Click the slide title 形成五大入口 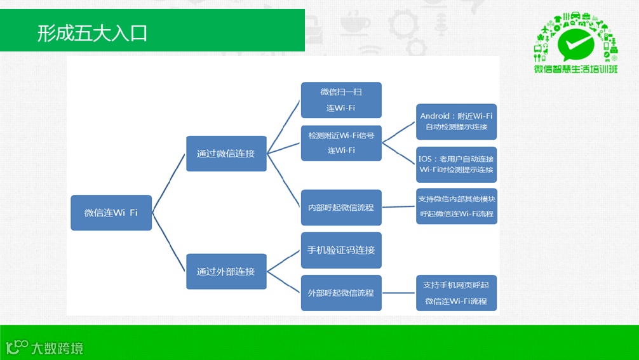93,32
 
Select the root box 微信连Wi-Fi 111,213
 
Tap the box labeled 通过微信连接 226,154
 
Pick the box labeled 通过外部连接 226,271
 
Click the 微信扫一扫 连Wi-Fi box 341,100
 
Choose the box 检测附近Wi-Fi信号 341,143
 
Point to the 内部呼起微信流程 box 341,207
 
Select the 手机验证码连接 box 341,250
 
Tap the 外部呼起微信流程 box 341,293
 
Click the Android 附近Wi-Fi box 456,121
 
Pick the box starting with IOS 456,164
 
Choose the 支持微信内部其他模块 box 456,206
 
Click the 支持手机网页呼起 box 456,293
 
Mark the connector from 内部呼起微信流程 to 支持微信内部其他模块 399,206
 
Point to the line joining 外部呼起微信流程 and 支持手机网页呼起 399,293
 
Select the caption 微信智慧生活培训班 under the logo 575,69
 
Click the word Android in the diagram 434,116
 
